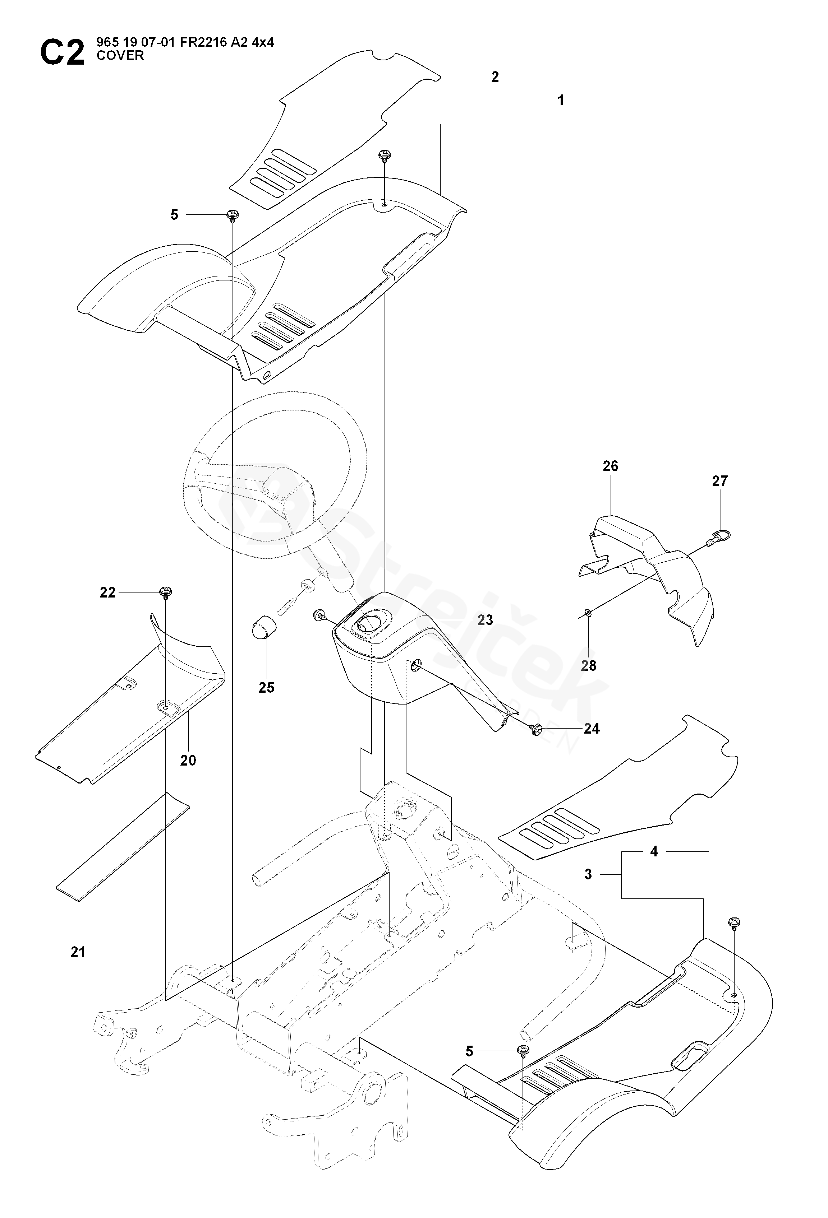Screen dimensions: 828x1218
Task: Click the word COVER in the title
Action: (120, 56)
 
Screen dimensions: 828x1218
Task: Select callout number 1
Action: (561, 100)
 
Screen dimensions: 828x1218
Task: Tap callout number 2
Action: (495, 77)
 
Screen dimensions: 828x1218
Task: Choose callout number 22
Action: (107, 592)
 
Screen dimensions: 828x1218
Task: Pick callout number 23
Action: (485, 620)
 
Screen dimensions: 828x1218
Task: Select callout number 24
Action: (592, 729)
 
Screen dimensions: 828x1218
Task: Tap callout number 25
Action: (266, 687)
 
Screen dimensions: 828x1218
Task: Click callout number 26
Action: (610, 466)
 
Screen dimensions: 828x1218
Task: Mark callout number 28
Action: (588, 666)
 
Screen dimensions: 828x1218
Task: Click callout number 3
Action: (588, 874)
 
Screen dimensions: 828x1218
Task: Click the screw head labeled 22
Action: (166, 592)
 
